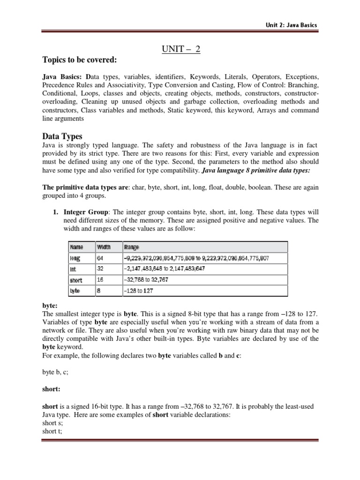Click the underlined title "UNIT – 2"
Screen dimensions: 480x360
(180, 49)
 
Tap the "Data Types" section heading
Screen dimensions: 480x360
(62, 136)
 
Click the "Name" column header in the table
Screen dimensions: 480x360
(76, 247)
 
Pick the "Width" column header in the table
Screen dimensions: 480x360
(105, 247)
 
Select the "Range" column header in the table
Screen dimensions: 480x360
(132, 247)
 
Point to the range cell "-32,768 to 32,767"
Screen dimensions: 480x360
(146, 280)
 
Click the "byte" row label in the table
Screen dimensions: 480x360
(75, 291)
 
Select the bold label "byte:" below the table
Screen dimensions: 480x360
(49, 304)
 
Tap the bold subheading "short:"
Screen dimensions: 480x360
(51, 389)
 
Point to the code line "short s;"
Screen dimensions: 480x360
(52, 423)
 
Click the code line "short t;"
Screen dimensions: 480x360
(52, 431)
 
